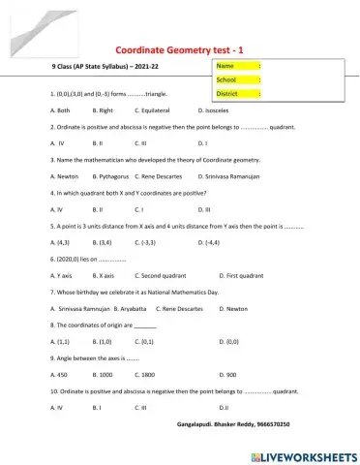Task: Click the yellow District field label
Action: (x=233, y=94)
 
